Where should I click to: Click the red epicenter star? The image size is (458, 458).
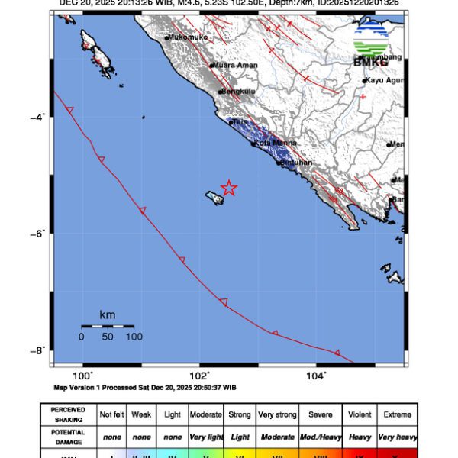229,188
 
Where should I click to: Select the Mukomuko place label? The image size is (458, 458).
188,37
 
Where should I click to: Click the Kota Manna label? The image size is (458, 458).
273,143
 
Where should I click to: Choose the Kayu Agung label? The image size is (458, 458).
385,80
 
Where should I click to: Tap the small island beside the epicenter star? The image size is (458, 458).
214,198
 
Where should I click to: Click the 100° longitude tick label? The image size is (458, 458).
82,376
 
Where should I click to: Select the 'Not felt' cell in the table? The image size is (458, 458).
111,415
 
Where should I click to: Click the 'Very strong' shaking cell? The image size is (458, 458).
276,415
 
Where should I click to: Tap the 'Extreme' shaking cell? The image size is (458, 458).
398,415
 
